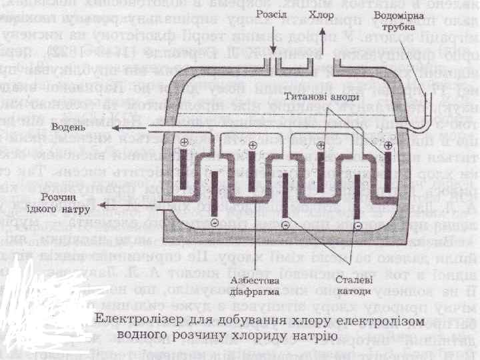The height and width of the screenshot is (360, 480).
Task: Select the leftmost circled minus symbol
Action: pyautogui.click(x=215, y=221)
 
